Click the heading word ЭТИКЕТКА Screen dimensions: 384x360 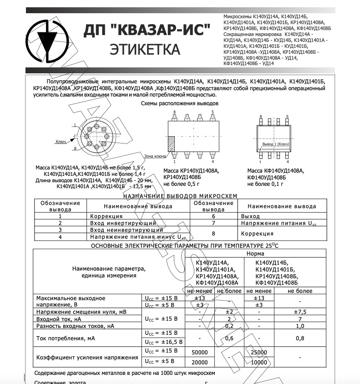point(145,49)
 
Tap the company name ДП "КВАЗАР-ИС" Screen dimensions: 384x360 point(147,31)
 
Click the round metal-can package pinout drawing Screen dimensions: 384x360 point(95,135)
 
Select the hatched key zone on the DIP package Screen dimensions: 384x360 point(171,144)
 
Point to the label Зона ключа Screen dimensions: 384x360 point(155,156)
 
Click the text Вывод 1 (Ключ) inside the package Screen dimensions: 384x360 point(275,144)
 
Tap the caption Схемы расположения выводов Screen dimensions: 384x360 point(180,103)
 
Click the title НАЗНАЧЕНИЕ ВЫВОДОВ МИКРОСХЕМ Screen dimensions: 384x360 point(180,196)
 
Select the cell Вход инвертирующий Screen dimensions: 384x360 point(123,223)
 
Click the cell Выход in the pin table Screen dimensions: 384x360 point(251,216)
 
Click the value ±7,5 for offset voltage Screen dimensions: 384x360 point(300,312)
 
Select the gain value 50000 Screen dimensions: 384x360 point(200,353)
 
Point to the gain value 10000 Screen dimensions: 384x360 point(259,362)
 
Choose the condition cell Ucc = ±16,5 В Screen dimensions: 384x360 point(163,342)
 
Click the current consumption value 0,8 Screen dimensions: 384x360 point(300,338)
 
